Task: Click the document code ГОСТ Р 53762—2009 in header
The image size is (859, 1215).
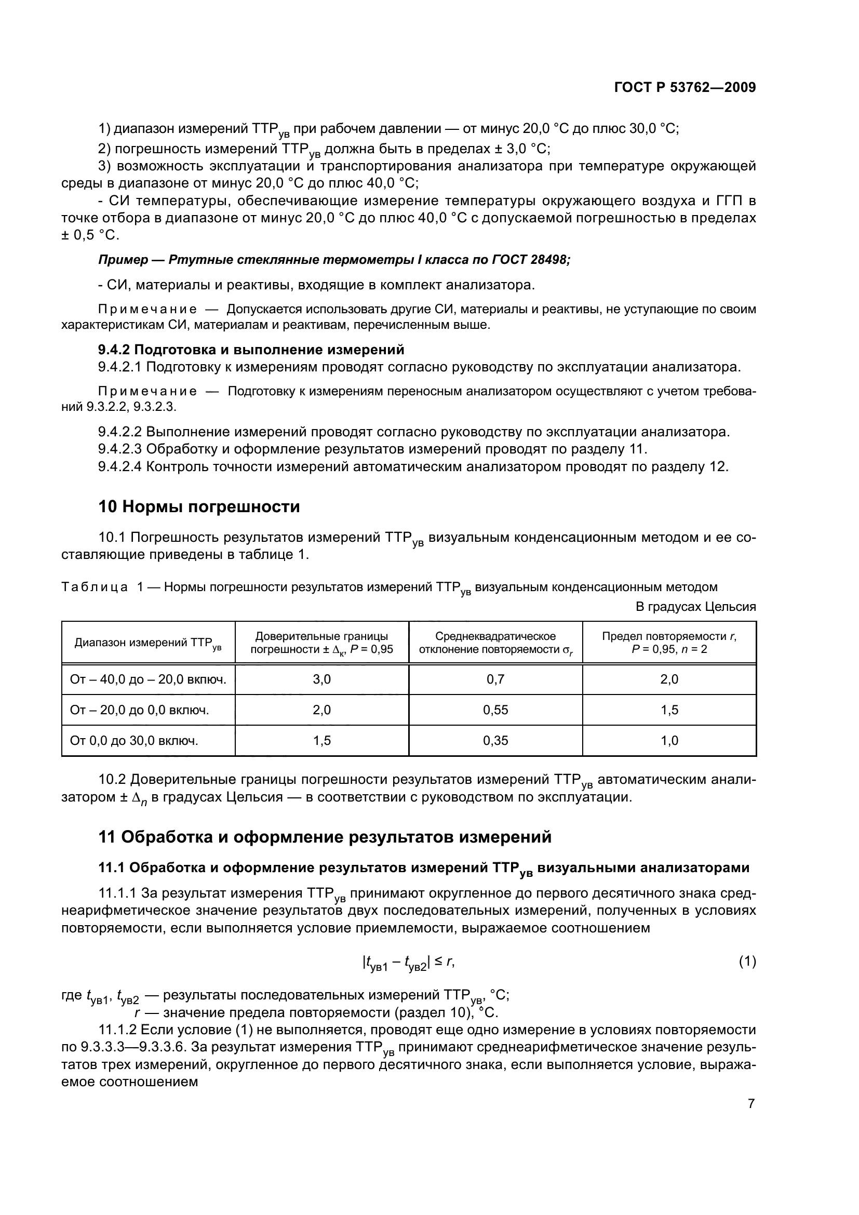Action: [685, 88]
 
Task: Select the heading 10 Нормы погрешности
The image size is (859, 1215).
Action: [199, 507]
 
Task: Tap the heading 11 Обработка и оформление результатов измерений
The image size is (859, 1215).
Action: [325, 837]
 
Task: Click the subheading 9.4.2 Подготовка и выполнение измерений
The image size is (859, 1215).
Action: [251, 350]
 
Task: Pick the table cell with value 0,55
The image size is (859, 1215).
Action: [495, 710]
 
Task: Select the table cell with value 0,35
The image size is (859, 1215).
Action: [495, 741]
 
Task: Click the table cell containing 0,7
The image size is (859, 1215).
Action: [495, 679]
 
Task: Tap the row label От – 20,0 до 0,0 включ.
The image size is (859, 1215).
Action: [140, 710]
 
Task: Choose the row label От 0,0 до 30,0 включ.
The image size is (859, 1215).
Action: [135, 741]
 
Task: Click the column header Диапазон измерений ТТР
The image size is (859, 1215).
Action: [148, 643]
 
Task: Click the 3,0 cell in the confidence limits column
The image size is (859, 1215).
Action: [321, 679]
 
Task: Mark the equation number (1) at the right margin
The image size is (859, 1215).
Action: [747, 962]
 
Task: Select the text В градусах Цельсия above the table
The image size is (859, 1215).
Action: [695, 607]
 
